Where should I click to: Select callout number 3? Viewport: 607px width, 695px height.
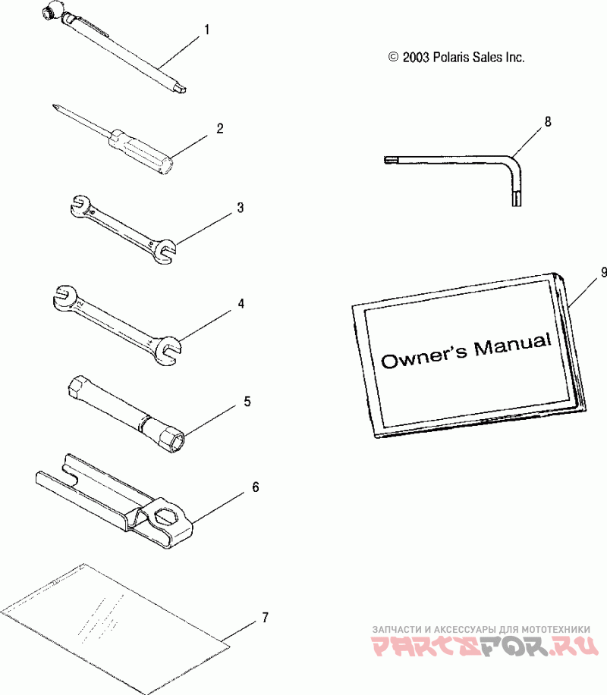pos(240,207)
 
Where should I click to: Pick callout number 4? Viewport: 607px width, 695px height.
pos(241,303)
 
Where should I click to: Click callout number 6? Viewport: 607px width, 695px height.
pos(255,487)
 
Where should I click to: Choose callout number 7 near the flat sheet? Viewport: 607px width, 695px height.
pos(265,618)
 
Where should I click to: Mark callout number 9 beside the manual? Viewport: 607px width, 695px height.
pos(603,271)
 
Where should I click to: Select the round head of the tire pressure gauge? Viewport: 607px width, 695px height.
pos(56,11)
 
